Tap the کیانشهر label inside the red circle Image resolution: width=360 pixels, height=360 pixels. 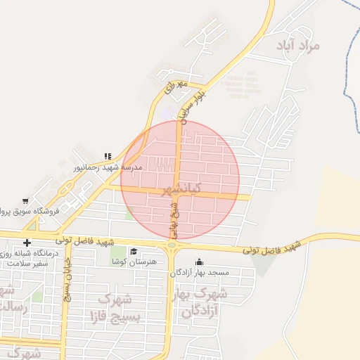181,189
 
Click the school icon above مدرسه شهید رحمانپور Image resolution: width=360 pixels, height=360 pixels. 108,156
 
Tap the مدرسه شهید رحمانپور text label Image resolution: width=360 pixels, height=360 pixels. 108,167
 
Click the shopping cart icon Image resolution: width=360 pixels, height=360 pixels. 25,201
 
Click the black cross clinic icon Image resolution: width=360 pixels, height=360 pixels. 27,243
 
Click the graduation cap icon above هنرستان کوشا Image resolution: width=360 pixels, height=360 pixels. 134,252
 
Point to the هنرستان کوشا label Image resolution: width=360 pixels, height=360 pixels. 134,262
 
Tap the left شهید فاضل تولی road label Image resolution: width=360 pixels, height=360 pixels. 85,242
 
